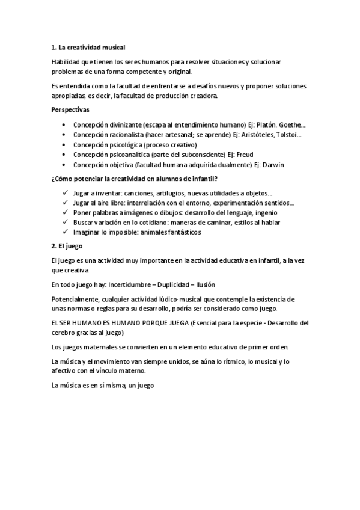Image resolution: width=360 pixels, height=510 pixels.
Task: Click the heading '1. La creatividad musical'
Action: pyautogui.click(x=88, y=46)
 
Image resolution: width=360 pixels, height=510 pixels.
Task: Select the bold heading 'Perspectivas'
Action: pyautogui.click(x=70, y=110)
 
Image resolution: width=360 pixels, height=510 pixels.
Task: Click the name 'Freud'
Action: pyautogui.click(x=245, y=155)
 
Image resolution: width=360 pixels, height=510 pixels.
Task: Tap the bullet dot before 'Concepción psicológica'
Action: pyautogui.click(x=64, y=145)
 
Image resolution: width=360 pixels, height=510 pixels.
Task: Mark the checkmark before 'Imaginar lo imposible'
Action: pyautogui.click(x=64, y=232)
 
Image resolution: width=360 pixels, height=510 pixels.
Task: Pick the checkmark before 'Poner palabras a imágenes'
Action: pyautogui.click(x=64, y=213)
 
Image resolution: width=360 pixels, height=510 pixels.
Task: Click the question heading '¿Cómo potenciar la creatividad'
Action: pyautogui.click(x=135, y=179)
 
